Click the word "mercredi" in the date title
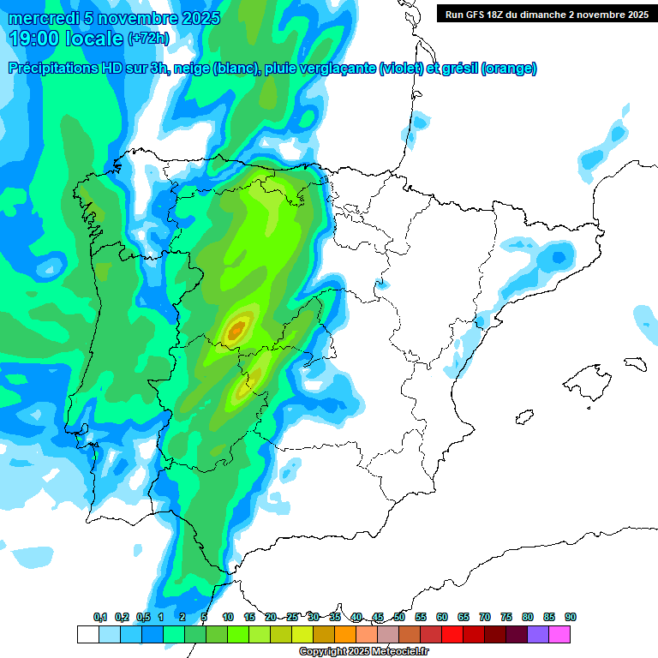pos(43,18)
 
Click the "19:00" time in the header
pos(33,38)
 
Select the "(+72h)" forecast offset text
pos(148,39)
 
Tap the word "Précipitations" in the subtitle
pos(54,69)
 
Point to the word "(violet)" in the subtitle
pos(401,69)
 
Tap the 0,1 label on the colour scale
pos(100,617)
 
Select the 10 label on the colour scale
pos(228,617)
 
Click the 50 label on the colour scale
pos(399,617)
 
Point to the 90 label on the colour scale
pos(571,617)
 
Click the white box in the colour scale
pos(87,634)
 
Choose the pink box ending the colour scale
pos(559,634)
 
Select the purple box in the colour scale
pos(538,634)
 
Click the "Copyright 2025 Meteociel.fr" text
pos(364,652)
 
